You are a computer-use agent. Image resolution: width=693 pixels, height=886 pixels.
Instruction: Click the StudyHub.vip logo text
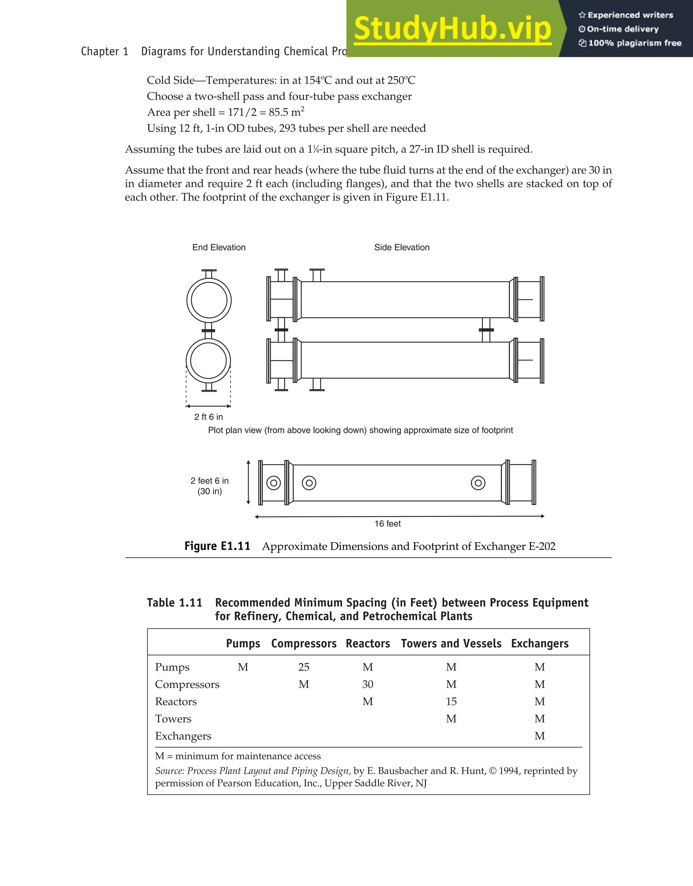tap(452, 29)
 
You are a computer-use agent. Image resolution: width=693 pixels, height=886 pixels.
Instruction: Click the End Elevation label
tap(219, 247)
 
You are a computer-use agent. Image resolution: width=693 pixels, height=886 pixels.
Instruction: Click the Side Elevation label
tap(402, 247)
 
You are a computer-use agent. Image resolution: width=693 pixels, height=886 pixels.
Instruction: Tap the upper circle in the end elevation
tap(209, 301)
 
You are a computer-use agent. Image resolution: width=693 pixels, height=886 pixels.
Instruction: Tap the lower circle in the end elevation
tap(208, 361)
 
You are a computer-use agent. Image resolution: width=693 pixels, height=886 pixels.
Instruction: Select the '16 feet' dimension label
tap(387, 524)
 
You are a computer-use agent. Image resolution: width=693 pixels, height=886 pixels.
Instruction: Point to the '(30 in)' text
tap(209, 491)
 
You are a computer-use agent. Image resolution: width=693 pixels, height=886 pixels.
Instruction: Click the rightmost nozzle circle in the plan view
tap(478, 483)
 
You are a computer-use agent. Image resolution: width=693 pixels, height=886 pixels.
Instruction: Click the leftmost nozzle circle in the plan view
tap(274, 483)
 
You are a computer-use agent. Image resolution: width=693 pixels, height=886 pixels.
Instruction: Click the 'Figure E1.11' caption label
tap(217, 546)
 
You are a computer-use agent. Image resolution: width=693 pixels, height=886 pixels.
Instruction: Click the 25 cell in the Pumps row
tap(304, 667)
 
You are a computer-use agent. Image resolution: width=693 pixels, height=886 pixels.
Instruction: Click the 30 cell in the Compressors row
tap(367, 685)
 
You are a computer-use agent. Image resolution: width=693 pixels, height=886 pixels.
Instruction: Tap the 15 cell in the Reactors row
tap(451, 702)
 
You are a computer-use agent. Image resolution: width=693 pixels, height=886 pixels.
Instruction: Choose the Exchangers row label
tap(183, 736)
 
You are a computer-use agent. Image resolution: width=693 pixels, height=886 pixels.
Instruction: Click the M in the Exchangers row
tap(539, 736)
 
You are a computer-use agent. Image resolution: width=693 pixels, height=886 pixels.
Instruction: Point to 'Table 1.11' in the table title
tap(175, 603)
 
